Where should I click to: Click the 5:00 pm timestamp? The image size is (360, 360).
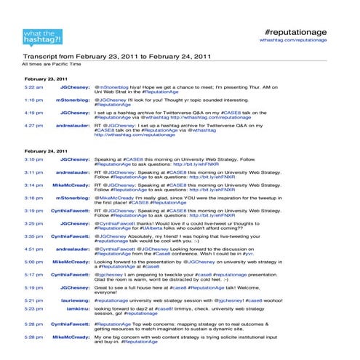[x=33, y=261]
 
